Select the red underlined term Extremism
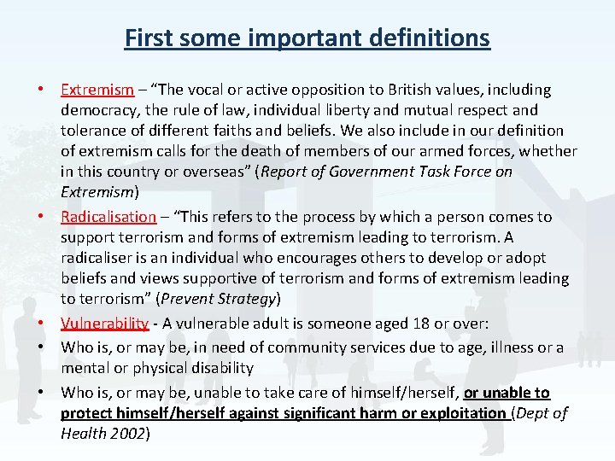click(x=97, y=90)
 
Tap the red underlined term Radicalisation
click(x=108, y=217)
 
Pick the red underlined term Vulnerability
click(x=104, y=324)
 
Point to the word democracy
click(x=100, y=110)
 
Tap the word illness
click(x=502, y=347)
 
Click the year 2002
click(x=126, y=434)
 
